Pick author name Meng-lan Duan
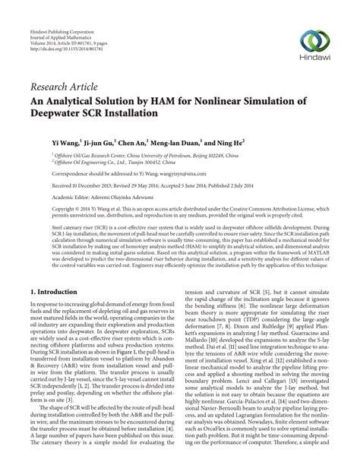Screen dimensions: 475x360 pos(178,141)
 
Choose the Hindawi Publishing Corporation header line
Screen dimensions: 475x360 pos(62,7)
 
